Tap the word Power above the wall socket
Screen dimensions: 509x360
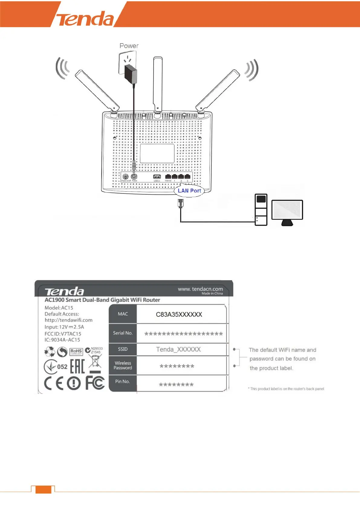pyautogui.click(x=129, y=46)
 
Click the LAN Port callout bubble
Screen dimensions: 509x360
pyautogui.click(x=189, y=191)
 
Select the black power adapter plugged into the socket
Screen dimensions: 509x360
pyautogui.click(x=131, y=74)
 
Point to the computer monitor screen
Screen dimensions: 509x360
pyautogui.click(x=287, y=210)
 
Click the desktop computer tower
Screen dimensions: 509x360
pyautogui.click(x=261, y=209)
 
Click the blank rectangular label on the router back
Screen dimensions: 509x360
pyautogui.click(x=157, y=153)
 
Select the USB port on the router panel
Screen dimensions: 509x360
pyautogui.click(x=157, y=177)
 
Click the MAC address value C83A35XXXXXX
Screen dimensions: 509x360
pyautogui.click(x=179, y=315)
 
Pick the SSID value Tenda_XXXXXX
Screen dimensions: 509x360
pyautogui.click(x=178, y=350)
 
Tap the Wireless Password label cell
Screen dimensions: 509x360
pyautogui.click(x=123, y=365)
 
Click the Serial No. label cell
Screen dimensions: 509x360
pyautogui.click(x=123, y=333)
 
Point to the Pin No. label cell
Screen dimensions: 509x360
pyautogui.click(x=122, y=381)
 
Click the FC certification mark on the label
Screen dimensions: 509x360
pyautogui.click(x=95, y=383)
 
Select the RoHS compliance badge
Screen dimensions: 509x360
pyautogui.click(x=76, y=352)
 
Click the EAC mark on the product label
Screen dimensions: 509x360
pyautogui.click(x=77, y=366)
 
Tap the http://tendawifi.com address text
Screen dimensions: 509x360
pyautogui.click(x=69, y=320)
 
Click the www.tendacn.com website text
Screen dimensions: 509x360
pyautogui.click(x=200, y=289)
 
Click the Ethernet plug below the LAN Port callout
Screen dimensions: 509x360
pyautogui.click(x=180, y=203)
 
